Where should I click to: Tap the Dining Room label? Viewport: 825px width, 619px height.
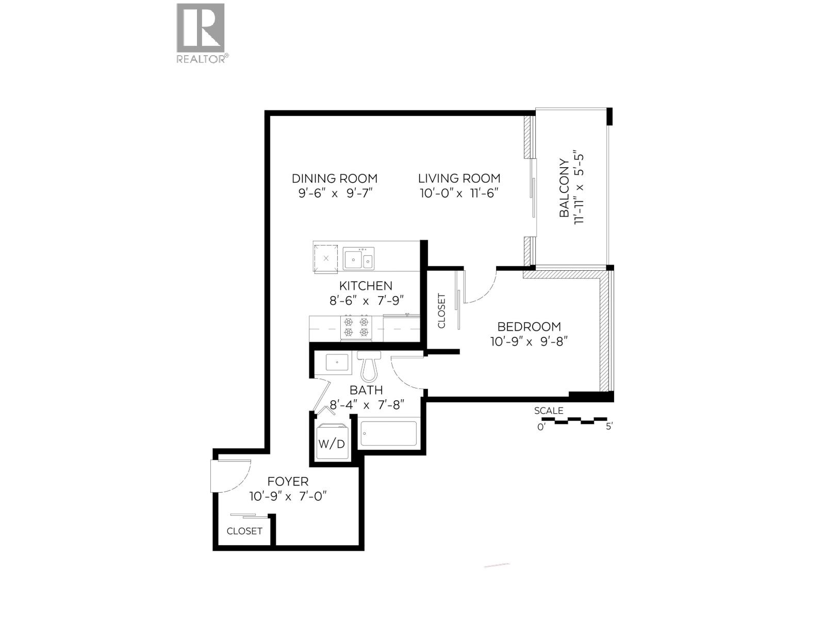[x=334, y=178]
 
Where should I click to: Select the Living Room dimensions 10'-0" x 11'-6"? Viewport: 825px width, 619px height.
[x=458, y=193]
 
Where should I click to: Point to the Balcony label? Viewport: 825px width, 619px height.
[x=565, y=189]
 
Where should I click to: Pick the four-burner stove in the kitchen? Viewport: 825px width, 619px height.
[x=356, y=327]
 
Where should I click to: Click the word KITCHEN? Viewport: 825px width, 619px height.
[x=366, y=286]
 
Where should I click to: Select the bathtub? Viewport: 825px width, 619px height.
[x=388, y=434]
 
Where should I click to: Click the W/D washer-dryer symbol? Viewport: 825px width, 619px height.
[x=331, y=442]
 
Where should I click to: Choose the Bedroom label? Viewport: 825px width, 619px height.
[x=529, y=327]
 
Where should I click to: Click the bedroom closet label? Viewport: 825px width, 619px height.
[x=441, y=311]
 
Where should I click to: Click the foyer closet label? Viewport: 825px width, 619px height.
[x=244, y=531]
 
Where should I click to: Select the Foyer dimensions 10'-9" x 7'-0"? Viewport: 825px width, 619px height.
[x=288, y=497]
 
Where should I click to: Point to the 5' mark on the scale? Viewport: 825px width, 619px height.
[x=609, y=427]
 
